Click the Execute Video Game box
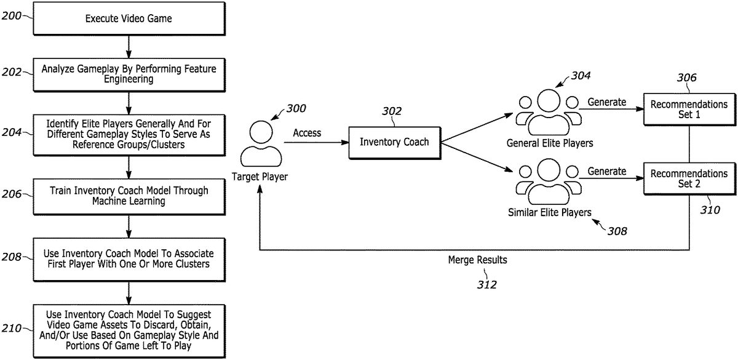tap(129, 18)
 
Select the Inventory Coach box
tap(395, 143)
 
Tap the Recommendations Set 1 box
tap(689, 110)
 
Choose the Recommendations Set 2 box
tap(689, 178)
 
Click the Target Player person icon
tap(261, 144)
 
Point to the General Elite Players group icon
tap(549, 112)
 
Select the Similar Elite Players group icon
tap(549, 182)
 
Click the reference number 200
tap(11, 16)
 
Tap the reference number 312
tap(486, 284)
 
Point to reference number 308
tap(617, 231)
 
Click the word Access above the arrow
tap(307, 133)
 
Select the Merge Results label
tap(477, 260)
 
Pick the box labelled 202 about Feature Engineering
tap(129, 75)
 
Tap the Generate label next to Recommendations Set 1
tap(607, 102)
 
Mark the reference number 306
tap(686, 78)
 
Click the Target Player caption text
tap(260, 177)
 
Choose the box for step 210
tap(129, 331)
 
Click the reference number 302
tap(392, 111)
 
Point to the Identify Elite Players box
tap(129, 135)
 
